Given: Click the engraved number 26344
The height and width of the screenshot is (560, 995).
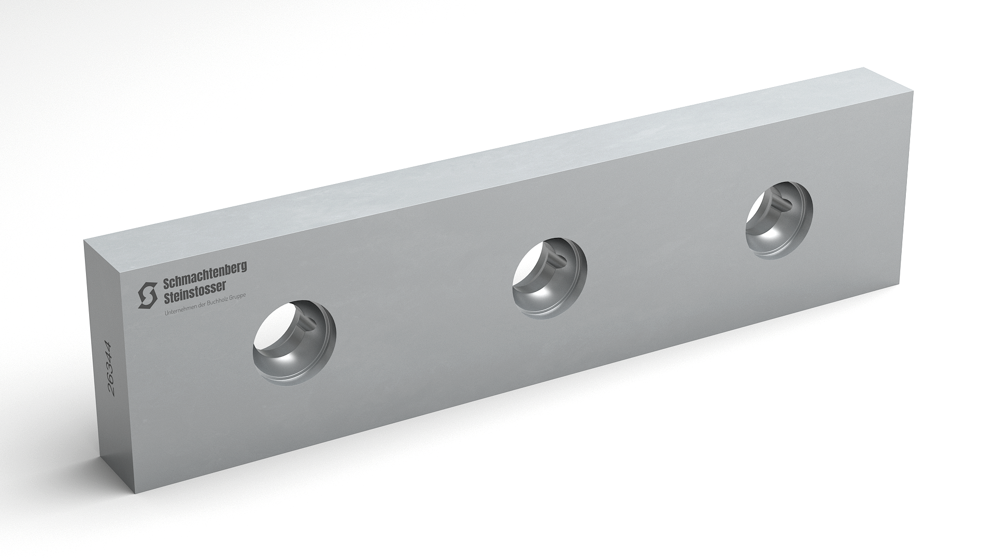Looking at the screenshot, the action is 109,368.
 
